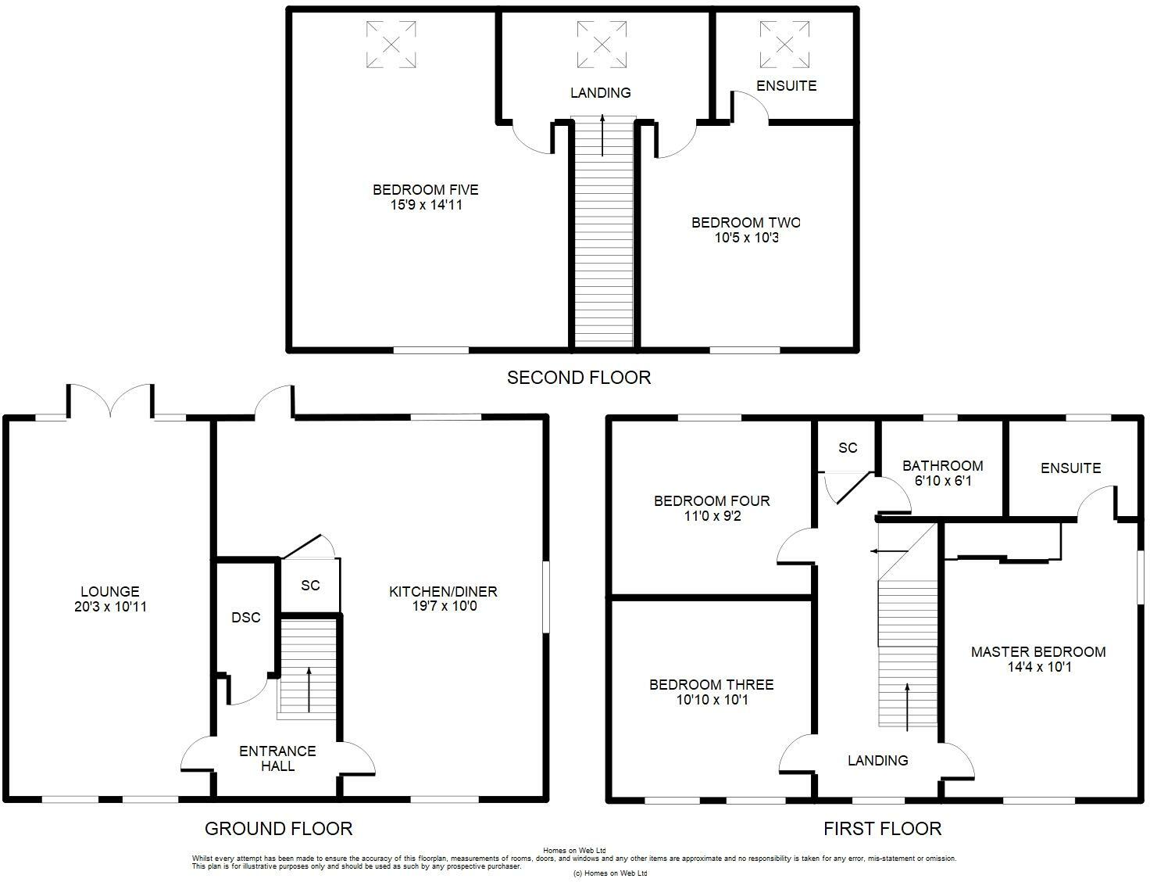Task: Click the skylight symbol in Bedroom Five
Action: pos(391,45)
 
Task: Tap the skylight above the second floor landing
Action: pos(602,45)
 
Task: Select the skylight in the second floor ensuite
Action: pos(784,45)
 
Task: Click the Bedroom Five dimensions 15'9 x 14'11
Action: pos(426,205)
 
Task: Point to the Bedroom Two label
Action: pos(745,222)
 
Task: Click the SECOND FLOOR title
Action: pos(579,378)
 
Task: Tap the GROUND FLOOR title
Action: pos(278,829)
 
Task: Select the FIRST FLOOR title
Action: pos(882,829)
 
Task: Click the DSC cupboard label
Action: pos(246,617)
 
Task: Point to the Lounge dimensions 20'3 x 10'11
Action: pos(110,607)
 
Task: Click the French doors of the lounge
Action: pos(111,401)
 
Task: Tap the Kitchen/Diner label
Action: pos(444,591)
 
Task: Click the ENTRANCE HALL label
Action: pos(277,758)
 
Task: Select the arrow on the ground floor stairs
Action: pos(309,690)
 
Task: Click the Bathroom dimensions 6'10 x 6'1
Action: pos(943,481)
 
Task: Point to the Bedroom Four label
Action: pos(712,501)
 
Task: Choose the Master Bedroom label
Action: pos(1038,651)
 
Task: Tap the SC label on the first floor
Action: pos(848,448)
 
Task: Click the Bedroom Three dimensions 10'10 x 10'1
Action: pos(712,699)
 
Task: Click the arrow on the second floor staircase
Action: pos(602,134)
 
